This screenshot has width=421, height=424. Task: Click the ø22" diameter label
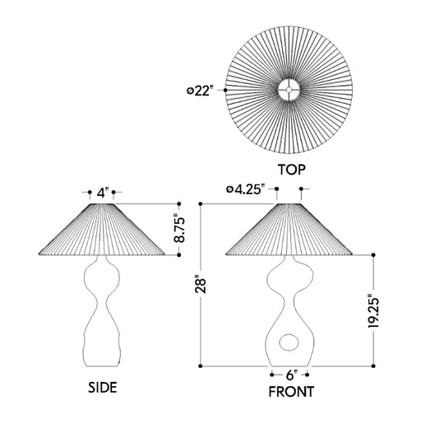coord(200,91)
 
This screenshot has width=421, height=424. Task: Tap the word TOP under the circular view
coord(292,170)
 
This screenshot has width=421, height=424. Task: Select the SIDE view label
coord(103,387)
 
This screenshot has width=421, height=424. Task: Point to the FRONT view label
coord(291,392)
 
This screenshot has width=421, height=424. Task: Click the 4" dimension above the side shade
coord(103,193)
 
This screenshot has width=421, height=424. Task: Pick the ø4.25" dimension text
coord(246,189)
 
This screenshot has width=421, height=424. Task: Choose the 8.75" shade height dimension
coord(179,230)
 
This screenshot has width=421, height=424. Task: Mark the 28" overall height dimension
coord(201,286)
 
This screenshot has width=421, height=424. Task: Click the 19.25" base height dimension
coord(373,310)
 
